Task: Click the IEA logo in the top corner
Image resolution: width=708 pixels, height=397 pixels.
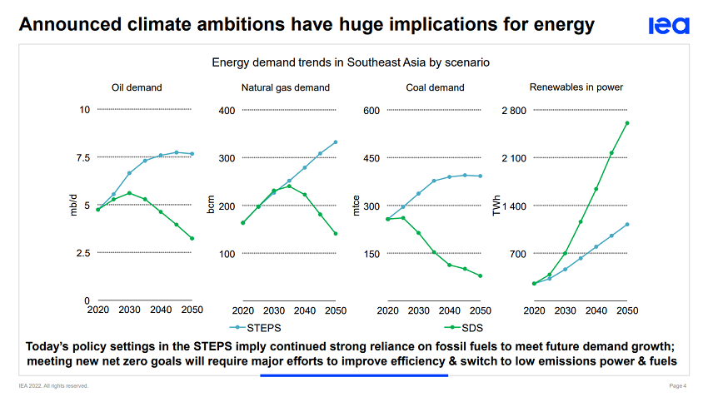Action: pyautogui.click(x=669, y=26)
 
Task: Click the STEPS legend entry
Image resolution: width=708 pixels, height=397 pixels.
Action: pyautogui.click(x=259, y=328)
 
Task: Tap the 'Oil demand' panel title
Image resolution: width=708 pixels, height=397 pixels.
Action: pyautogui.click(x=137, y=87)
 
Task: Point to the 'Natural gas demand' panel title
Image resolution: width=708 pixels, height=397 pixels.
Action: pyautogui.click(x=286, y=87)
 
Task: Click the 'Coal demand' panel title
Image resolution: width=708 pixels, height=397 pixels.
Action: pyautogui.click(x=435, y=87)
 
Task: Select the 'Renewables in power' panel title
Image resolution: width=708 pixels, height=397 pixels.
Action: pyautogui.click(x=576, y=87)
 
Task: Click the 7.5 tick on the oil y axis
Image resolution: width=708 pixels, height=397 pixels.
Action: pyautogui.click(x=82, y=157)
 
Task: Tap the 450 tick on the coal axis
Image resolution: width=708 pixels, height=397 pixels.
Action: pyautogui.click(x=371, y=157)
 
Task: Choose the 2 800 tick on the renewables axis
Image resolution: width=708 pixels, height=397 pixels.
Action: pyautogui.click(x=514, y=110)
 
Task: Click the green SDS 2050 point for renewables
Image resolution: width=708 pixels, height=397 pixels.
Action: pyautogui.click(x=627, y=123)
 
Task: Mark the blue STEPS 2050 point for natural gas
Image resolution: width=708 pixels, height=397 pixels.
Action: pyautogui.click(x=335, y=142)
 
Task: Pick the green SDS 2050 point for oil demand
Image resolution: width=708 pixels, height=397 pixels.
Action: pyautogui.click(x=192, y=239)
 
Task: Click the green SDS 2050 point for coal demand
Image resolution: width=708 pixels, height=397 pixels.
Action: pyautogui.click(x=481, y=275)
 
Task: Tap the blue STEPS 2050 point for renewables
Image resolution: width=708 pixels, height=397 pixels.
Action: pyautogui.click(x=627, y=225)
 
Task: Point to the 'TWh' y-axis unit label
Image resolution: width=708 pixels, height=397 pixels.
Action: pyautogui.click(x=496, y=206)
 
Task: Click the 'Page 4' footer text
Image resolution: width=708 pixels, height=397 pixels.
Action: pyautogui.click(x=678, y=386)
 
